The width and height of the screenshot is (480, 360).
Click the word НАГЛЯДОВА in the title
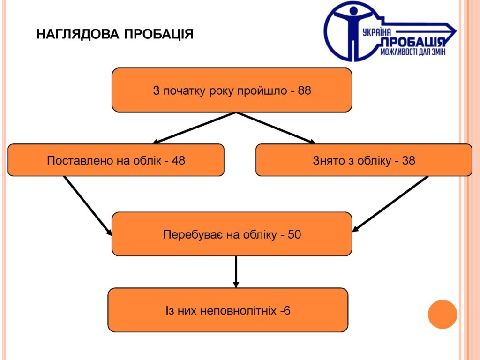click(78, 34)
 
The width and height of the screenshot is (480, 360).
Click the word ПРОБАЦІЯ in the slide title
click(159, 34)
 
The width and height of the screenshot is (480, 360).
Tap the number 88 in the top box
click(304, 90)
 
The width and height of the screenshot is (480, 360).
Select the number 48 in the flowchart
click(178, 160)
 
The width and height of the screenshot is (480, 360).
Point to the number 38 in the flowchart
click(408, 160)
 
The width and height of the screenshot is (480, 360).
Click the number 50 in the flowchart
click(294, 234)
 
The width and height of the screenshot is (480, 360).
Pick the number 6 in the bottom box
click(287, 311)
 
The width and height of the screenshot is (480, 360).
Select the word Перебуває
click(193, 234)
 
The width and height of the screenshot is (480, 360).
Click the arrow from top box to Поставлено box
click(194, 128)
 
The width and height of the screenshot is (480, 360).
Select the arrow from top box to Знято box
click(276, 128)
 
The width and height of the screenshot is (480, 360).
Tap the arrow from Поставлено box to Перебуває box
click(88, 206)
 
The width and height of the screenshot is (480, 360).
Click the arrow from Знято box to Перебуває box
click(390, 204)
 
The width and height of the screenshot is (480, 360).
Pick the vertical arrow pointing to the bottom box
click(236, 272)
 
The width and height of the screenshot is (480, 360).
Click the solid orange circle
click(442, 315)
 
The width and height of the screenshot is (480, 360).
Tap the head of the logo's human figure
click(353, 11)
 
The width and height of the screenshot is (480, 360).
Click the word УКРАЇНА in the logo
click(376, 32)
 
